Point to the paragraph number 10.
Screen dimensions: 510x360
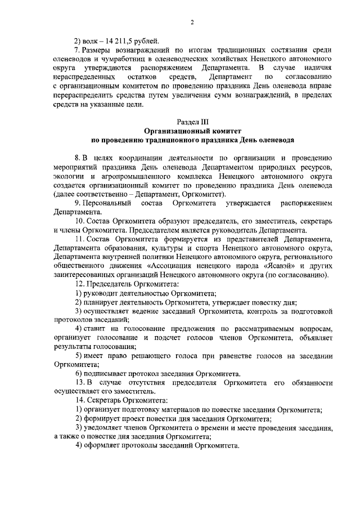click(79, 222)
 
